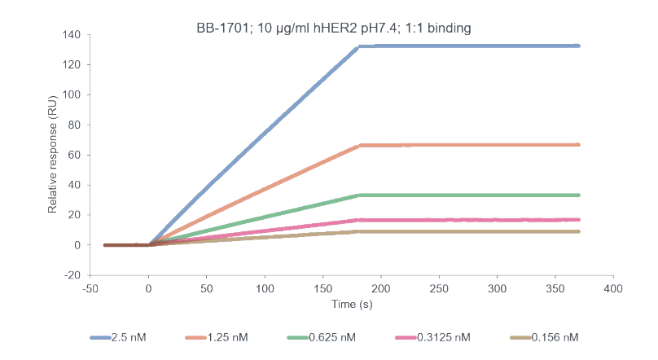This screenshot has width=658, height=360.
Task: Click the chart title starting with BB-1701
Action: (333, 29)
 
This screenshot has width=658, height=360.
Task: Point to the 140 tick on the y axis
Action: (71, 35)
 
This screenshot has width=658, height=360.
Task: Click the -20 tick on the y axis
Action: (71, 275)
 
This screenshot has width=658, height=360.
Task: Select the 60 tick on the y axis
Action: (73, 155)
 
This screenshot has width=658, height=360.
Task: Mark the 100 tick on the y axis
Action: (71, 95)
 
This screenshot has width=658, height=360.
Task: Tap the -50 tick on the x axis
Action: (90, 289)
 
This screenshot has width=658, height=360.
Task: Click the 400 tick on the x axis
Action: (613, 289)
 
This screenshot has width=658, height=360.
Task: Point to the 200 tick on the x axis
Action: (381, 289)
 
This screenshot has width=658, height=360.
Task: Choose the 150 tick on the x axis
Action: (323, 289)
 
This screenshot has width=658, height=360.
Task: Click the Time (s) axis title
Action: (353, 305)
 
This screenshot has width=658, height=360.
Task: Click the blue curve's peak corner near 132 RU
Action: (358, 46)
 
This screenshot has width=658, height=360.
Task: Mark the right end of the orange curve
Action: (577, 145)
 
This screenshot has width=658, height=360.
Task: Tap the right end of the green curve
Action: (577, 195)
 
